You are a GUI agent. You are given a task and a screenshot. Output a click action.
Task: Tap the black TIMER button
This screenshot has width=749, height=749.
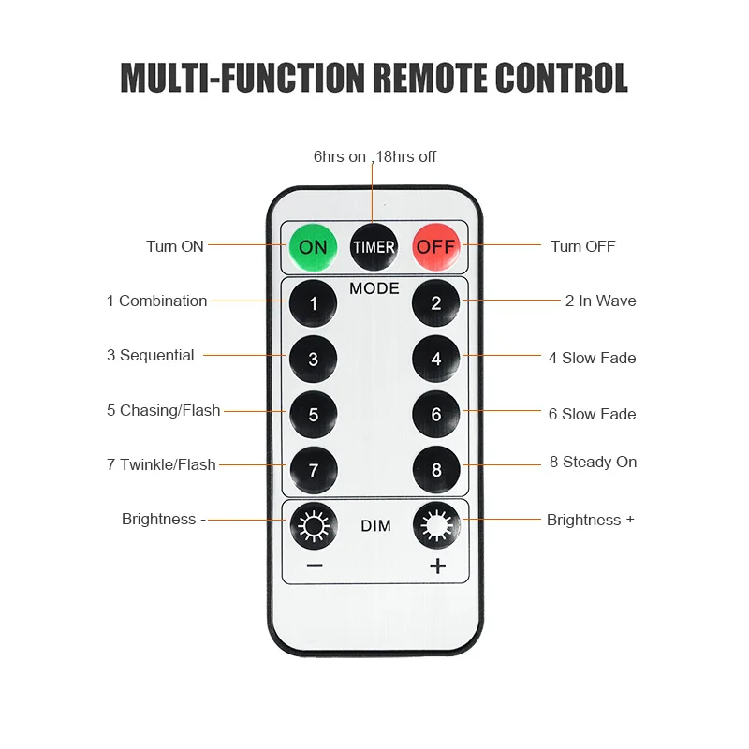pos(374,247)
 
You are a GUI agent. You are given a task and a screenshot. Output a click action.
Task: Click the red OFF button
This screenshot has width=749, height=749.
pos(435,247)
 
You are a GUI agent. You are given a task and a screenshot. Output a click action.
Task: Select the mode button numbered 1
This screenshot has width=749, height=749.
pos(313,302)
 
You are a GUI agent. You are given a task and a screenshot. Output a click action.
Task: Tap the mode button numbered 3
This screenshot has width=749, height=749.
pos(313,359)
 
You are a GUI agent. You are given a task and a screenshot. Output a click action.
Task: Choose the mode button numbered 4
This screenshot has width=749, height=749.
pos(436,359)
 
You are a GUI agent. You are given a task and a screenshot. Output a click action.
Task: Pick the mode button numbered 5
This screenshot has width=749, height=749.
pos(313,415)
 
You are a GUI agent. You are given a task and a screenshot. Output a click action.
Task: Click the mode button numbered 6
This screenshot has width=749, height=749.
pos(436,415)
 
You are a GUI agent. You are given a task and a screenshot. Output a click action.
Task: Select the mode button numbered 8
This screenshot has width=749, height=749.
pos(436,470)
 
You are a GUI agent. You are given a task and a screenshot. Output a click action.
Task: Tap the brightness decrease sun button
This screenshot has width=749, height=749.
pos(313,526)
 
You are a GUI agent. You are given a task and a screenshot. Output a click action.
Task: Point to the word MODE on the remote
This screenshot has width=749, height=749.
pos(374,288)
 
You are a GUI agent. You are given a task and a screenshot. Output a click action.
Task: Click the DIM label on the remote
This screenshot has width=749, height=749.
pos(375,526)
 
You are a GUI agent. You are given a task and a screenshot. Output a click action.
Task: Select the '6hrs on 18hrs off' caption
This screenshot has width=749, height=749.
pos(374,156)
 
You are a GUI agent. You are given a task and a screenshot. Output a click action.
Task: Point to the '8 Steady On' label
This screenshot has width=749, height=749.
pos(593,462)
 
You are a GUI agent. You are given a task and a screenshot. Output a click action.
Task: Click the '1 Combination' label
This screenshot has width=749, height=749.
pos(156,301)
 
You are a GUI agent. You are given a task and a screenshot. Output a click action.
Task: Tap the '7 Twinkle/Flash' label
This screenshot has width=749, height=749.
pos(161,464)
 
